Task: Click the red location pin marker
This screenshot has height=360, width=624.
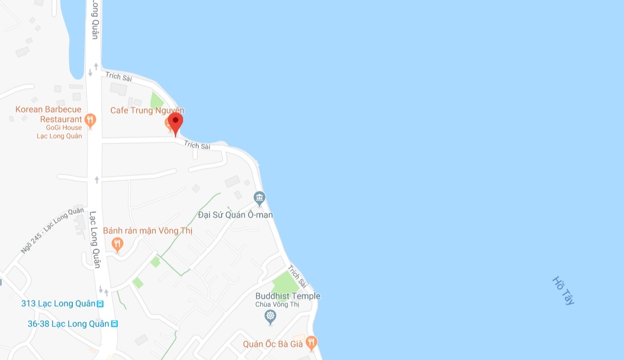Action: (x=175, y=122)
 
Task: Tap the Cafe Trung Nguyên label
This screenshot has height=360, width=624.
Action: (x=147, y=110)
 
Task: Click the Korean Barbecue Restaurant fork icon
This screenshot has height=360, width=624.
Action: (x=90, y=119)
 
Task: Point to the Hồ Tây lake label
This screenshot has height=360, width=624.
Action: (x=563, y=291)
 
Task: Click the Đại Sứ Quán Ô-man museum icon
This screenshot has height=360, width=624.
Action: (x=259, y=199)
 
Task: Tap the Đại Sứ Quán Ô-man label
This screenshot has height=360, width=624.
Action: (x=235, y=215)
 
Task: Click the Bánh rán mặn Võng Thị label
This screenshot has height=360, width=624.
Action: (x=147, y=231)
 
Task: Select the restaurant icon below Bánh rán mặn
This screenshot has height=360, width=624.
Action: (x=117, y=244)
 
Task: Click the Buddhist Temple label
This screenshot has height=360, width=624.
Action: (x=288, y=296)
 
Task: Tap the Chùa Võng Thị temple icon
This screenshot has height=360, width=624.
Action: (x=270, y=316)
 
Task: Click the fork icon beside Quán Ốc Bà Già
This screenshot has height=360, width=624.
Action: (x=311, y=342)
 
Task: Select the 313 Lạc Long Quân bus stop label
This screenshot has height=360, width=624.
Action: (x=58, y=304)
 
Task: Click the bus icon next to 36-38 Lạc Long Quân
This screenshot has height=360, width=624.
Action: (x=115, y=324)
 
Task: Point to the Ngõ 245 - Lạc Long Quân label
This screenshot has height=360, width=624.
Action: (x=53, y=231)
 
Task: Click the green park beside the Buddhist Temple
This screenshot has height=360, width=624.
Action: (x=286, y=282)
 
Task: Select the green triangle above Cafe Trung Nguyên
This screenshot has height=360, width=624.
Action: (x=156, y=101)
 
